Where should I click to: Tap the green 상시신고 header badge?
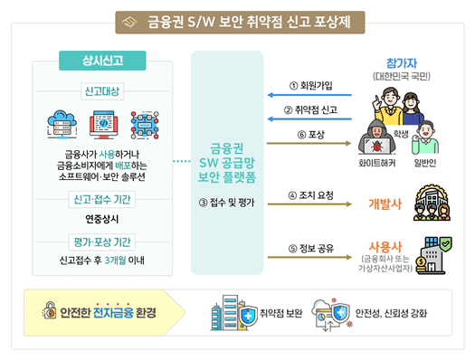point(103,61)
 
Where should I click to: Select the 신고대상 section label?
point(103,91)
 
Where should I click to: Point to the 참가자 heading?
point(402,64)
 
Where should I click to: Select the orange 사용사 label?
point(385,245)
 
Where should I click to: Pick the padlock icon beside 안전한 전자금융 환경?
point(50,313)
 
